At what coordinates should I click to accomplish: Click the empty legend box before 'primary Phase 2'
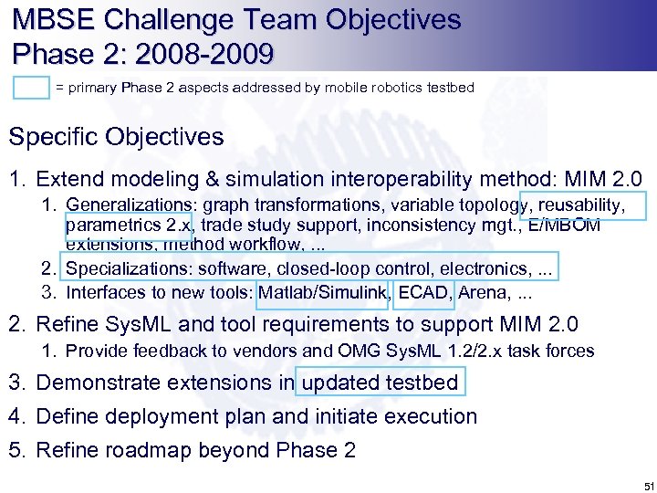32,88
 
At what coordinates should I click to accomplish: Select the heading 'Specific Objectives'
116,137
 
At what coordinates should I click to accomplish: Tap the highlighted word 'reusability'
584,205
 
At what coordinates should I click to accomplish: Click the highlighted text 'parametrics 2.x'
129,226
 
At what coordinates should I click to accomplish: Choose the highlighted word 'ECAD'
423,293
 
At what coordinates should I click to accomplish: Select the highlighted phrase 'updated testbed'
381,382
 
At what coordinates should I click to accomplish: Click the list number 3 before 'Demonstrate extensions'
16,383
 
